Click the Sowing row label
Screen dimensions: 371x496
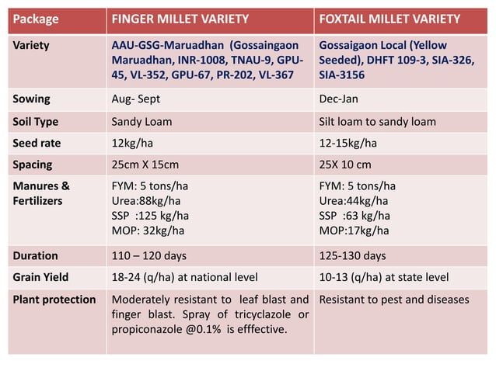click(32, 99)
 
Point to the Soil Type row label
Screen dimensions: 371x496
click(36, 122)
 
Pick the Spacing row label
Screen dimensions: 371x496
click(33, 165)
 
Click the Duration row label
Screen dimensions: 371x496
click(36, 255)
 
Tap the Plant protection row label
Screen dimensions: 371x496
click(54, 300)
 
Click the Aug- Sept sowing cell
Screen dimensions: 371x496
click(136, 99)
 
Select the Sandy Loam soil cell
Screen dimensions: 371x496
click(142, 122)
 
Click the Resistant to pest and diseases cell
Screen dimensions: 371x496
click(394, 300)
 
